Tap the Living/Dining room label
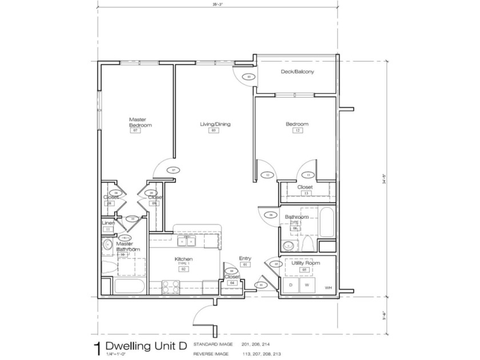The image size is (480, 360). pos(215,124)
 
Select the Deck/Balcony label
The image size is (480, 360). pos(297,72)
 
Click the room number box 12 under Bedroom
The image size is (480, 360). pos(297,131)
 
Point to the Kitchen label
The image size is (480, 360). pos(183,259)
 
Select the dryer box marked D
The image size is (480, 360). pos(290,285)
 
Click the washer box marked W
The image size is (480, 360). pos(307,285)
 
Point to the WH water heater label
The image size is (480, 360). pos(327,287)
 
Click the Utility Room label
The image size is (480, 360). pos(305,263)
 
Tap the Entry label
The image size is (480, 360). pos(245,258)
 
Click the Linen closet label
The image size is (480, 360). pos(109,222)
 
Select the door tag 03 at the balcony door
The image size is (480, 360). pos(249,77)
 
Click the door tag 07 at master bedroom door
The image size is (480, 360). pos(174,169)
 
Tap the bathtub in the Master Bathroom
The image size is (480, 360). pos(126,286)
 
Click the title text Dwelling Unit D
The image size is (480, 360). pos(138,346)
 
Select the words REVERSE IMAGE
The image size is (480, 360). pos(211,353)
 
